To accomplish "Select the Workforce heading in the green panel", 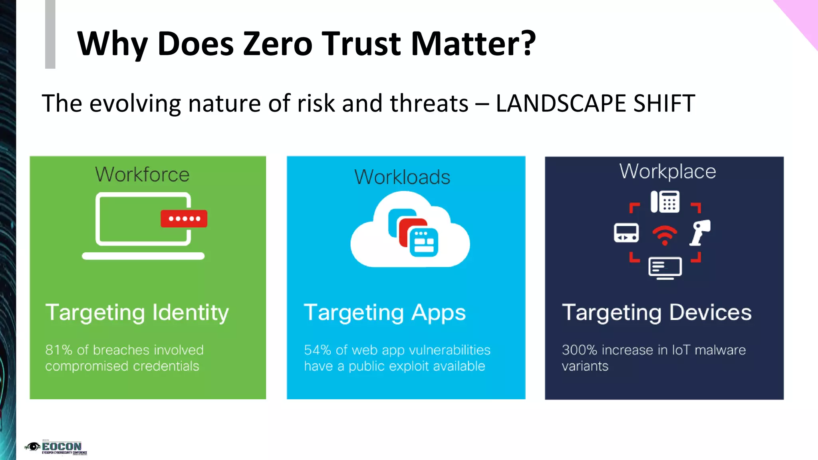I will (x=142, y=174).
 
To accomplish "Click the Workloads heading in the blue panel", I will (x=402, y=177).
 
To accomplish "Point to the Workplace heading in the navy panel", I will (x=667, y=172).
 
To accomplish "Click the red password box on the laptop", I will (x=184, y=218).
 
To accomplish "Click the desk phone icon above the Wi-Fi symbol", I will (x=665, y=202).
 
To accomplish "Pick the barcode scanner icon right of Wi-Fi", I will (x=700, y=232).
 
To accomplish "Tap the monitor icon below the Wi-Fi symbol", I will (x=665, y=268).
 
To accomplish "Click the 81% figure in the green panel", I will (x=59, y=350).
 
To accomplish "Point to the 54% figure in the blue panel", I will (x=318, y=350).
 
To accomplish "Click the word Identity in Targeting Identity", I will (x=191, y=312).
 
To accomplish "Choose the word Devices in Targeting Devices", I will (x=710, y=312).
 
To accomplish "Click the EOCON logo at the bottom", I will (x=56, y=448).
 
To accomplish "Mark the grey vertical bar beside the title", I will (x=50, y=34).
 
